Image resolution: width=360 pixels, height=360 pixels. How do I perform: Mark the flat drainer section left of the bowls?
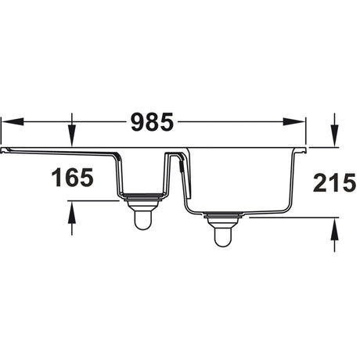tap(59, 149)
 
